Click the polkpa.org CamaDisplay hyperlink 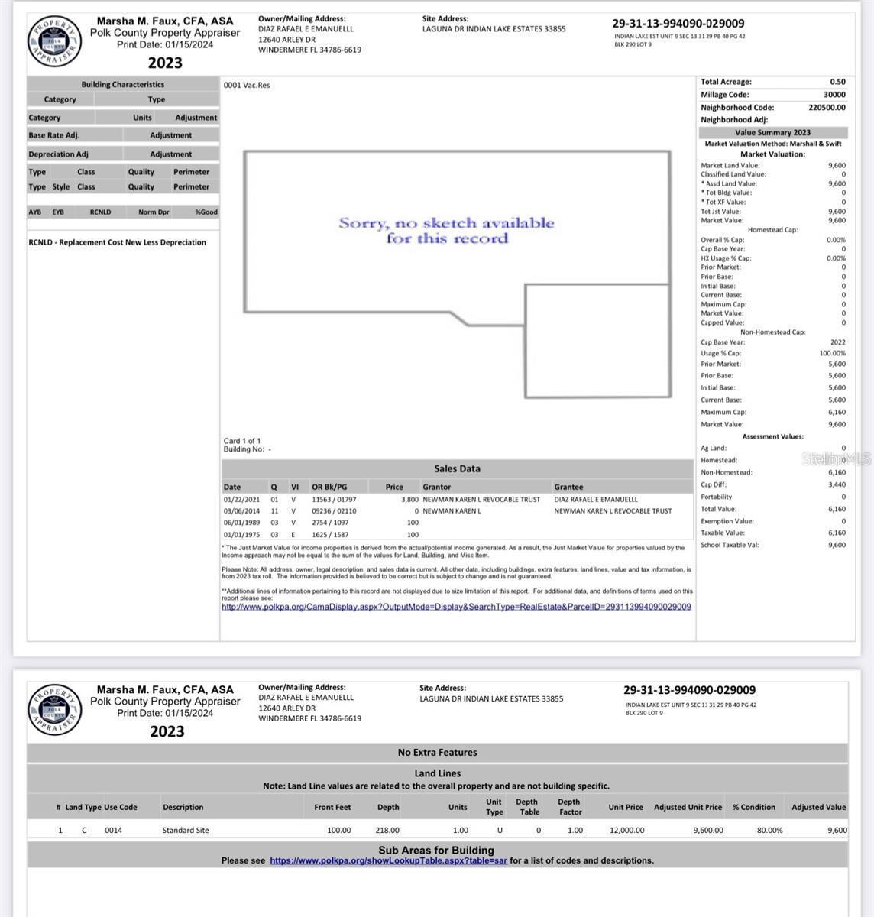point(456,607)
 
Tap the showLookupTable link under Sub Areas point(388,860)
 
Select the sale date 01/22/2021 point(237,499)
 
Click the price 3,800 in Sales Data point(409,499)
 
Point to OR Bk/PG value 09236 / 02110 point(334,511)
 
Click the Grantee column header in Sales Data point(568,487)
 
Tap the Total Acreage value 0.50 point(837,82)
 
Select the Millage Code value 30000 point(834,95)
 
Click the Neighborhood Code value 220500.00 point(827,108)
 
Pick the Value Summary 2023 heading point(772,132)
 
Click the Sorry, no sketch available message point(446,231)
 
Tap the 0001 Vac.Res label point(246,85)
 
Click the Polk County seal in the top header point(54,41)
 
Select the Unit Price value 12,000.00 point(626,830)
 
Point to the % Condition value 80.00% point(769,830)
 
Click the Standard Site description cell point(186,830)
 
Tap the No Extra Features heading point(437,752)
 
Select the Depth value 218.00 point(387,830)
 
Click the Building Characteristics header point(123,84)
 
